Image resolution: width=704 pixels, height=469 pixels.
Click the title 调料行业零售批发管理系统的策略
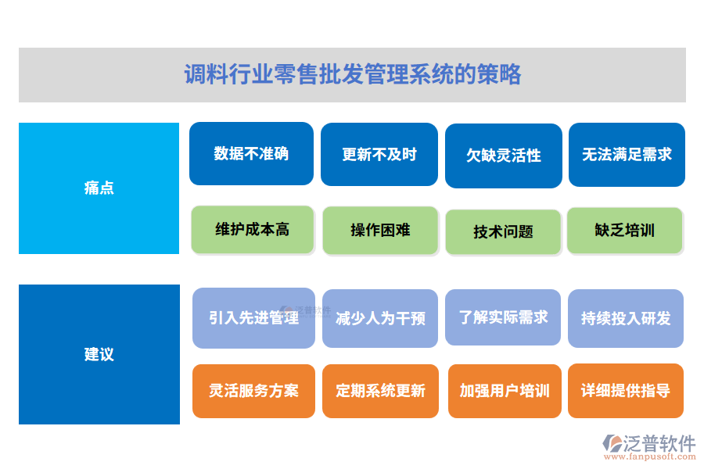[352, 75]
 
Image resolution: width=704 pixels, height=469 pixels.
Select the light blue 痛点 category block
[99, 188]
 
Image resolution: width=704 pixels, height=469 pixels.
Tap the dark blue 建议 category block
[99, 354]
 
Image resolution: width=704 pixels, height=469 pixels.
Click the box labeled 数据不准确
[251, 153]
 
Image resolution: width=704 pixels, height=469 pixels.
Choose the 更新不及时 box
[379, 155]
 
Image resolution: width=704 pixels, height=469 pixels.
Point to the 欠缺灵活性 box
[504, 156]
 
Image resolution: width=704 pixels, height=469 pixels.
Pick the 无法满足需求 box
[627, 155]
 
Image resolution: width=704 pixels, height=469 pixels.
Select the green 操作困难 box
[380, 231]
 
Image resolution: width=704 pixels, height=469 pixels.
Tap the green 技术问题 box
[503, 232]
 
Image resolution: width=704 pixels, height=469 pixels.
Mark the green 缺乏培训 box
[625, 231]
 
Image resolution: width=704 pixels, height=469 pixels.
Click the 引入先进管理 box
[253, 318]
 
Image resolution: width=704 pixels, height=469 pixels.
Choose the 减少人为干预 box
[380, 318]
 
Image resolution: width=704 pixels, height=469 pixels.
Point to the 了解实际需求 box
[503, 317]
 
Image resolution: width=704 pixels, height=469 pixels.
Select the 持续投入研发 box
[626, 318]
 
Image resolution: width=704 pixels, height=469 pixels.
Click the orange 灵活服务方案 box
[253, 391]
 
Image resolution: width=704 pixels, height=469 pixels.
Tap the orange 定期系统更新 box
[380, 391]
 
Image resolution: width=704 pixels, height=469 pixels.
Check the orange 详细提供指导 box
[626, 391]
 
